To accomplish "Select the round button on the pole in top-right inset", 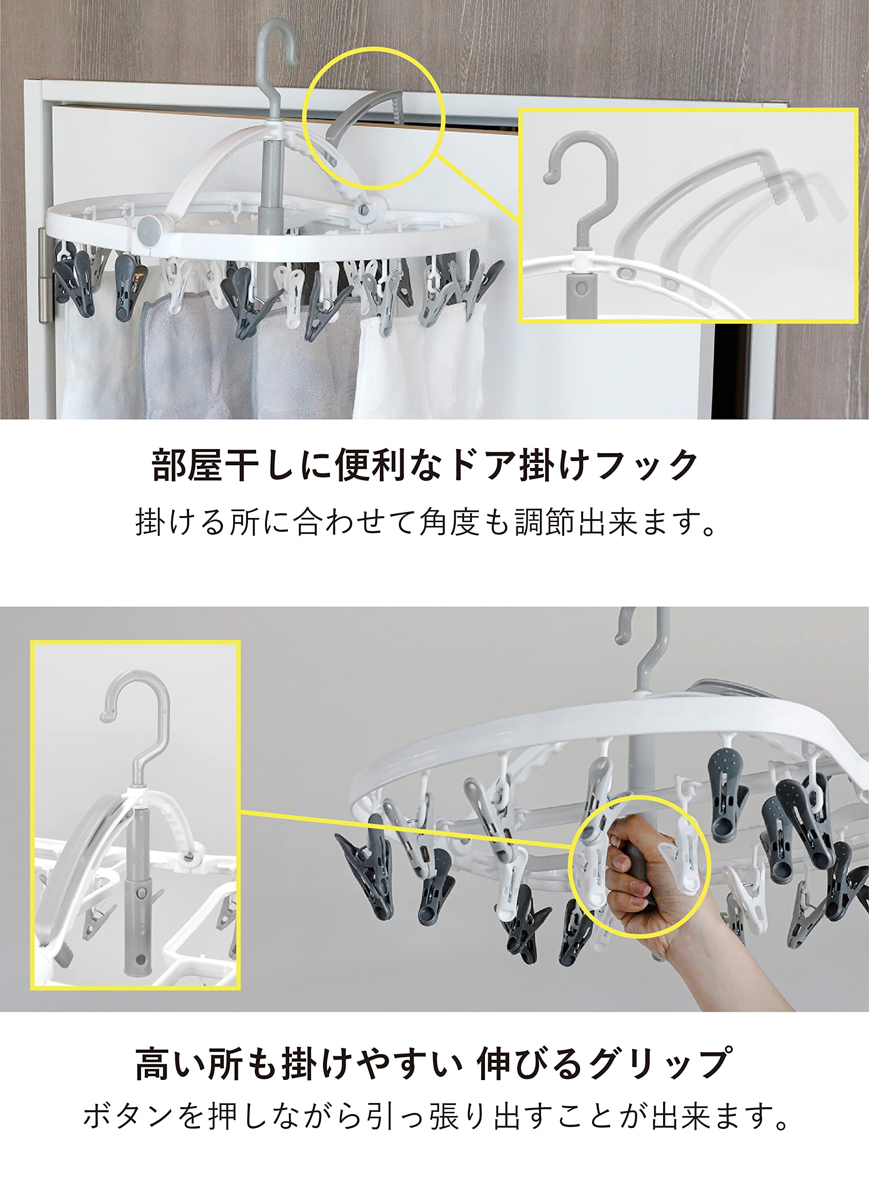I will tap(581, 288).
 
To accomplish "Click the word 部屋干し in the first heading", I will tap(208, 465).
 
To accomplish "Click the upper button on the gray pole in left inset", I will tap(142, 893).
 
